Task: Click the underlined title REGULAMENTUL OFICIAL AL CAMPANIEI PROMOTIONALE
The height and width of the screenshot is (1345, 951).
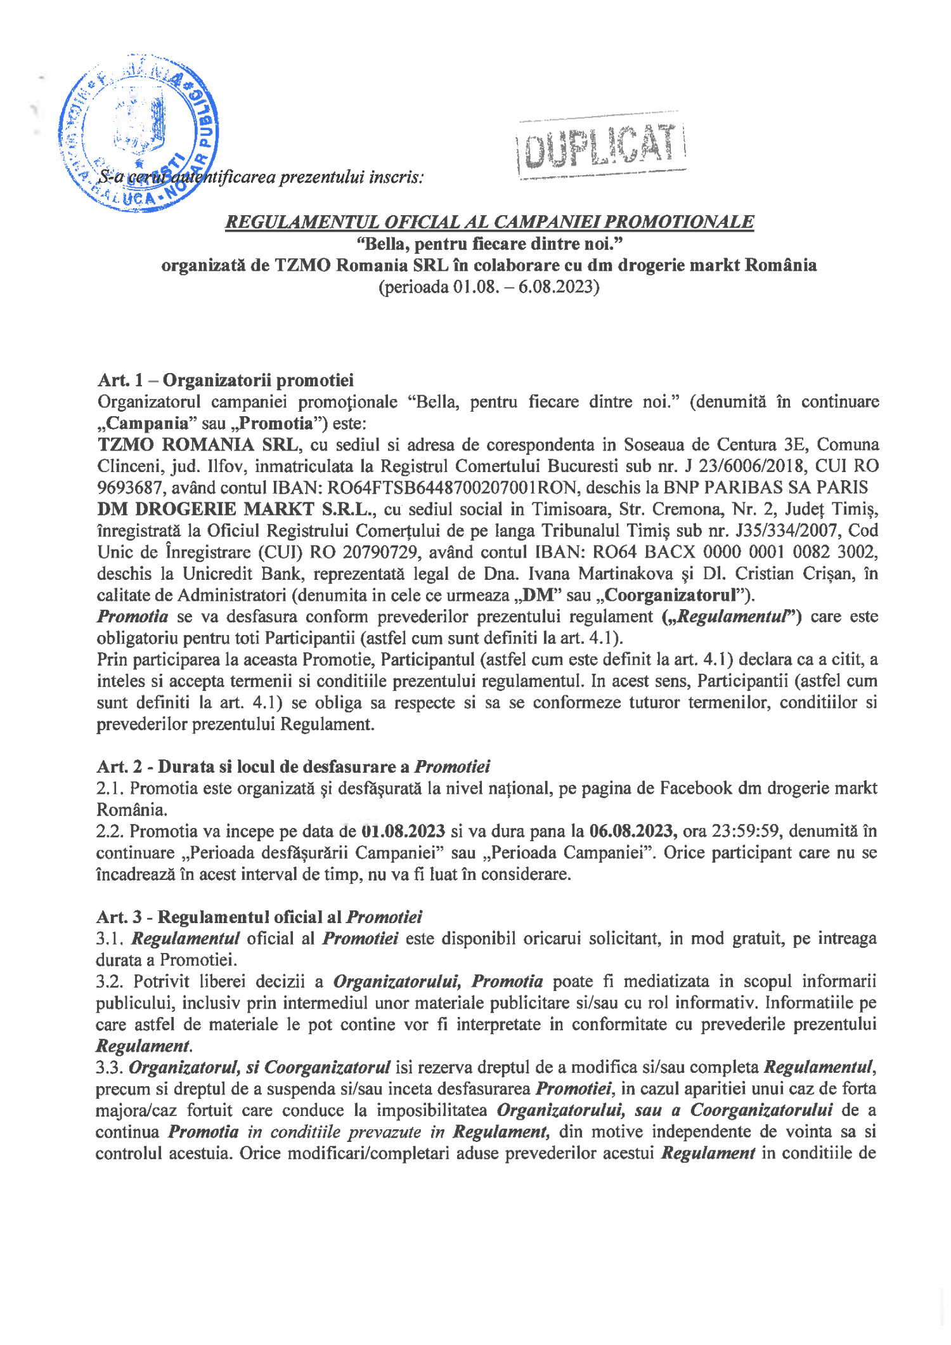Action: click(x=489, y=222)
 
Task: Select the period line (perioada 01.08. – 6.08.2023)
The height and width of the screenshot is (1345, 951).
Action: click(x=489, y=287)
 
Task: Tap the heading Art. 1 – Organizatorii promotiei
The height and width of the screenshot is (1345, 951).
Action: click(x=226, y=380)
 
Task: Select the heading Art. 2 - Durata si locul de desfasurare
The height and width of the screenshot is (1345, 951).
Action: click(x=294, y=766)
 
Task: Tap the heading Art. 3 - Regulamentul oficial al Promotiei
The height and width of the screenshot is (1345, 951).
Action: click(x=259, y=917)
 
